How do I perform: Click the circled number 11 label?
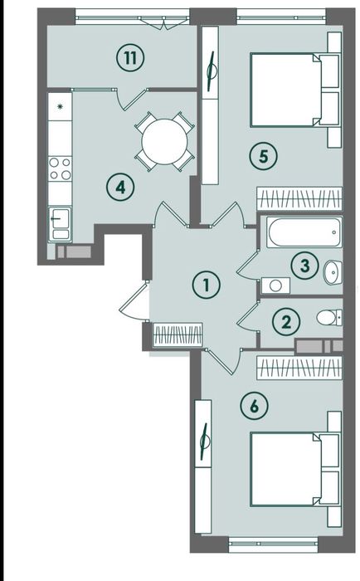(130, 58)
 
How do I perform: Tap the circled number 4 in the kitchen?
(120, 188)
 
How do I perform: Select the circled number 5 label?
(263, 156)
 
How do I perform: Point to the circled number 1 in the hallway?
(207, 285)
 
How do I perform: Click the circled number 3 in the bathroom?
(304, 266)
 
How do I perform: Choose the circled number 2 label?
(286, 322)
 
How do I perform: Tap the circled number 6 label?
(254, 406)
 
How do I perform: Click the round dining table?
(165, 142)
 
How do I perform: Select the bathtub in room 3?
(304, 232)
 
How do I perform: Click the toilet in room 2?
(329, 318)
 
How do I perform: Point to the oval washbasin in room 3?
(333, 273)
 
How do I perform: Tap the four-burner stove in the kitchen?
(60, 168)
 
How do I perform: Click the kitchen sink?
(59, 223)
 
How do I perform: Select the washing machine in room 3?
(275, 286)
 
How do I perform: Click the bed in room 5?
(294, 90)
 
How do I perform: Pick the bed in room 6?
(294, 469)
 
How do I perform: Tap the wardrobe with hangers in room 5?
(299, 198)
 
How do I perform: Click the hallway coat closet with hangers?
(178, 335)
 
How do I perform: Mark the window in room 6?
(274, 544)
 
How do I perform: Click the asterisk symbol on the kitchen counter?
(60, 107)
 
